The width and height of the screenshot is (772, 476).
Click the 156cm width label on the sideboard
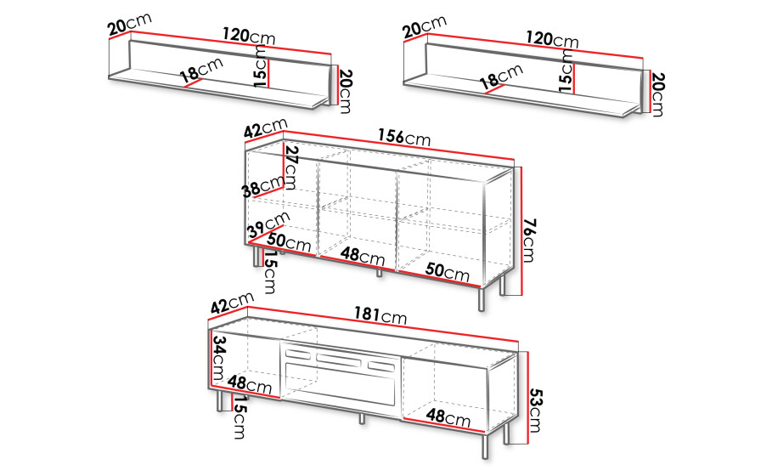pos(404,137)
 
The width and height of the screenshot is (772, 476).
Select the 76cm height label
pos(529,241)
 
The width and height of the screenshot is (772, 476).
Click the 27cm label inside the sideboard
pos(291,168)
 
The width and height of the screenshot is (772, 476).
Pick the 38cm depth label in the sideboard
pos(263,187)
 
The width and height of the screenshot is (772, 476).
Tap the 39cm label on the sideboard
pos(269,224)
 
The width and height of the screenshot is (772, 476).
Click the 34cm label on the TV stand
pos(218,358)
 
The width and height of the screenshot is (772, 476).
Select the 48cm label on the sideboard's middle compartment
pos(363,255)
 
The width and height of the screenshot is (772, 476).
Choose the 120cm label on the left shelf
pos(249,36)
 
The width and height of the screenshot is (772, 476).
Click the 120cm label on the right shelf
pos(551,39)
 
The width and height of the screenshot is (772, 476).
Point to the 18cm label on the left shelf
pos(201,70)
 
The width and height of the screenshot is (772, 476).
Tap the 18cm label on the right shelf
pos(501,76)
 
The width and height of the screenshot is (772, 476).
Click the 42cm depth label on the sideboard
pos(265,128)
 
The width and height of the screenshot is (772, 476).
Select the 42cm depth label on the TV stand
pos(232,302)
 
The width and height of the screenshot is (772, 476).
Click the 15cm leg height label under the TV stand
pos(239,416)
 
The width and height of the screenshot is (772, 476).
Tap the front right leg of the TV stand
pos(484,446)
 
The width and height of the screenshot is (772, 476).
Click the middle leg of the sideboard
pos(379,273)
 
